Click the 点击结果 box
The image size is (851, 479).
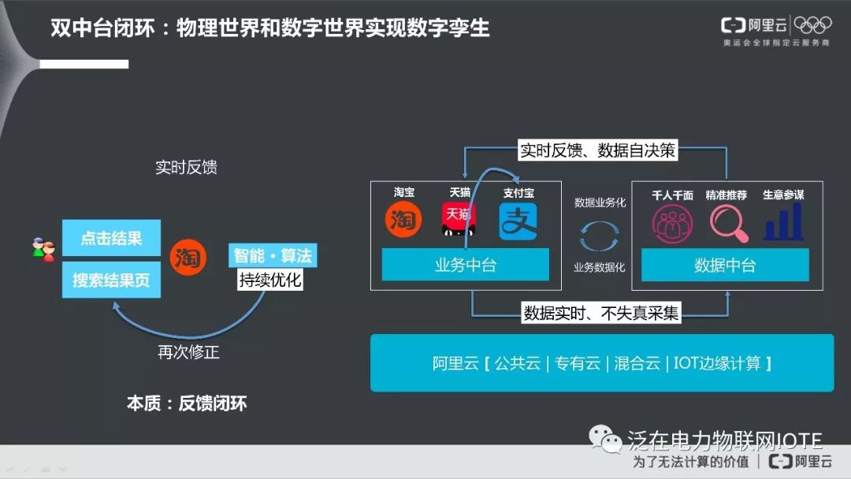[110, 238]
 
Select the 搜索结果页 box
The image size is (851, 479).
[110, 280]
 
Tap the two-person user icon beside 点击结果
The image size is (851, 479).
[44, 250]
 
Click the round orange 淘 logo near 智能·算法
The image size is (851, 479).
[188, 258]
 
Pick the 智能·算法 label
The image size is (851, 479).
[273, 255]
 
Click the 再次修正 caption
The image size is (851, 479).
[188, 352]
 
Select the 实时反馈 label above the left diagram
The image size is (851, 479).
[186, 167]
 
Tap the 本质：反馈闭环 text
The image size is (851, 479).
[187, 403]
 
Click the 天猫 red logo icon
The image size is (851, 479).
[459, 221]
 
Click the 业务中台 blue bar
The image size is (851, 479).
[466, 265]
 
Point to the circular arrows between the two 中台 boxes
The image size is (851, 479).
[600, 235]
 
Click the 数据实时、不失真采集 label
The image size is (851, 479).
[601, 313]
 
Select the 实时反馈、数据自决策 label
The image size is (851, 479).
[598, 150]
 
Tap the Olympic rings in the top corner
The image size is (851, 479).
[812, 25]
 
